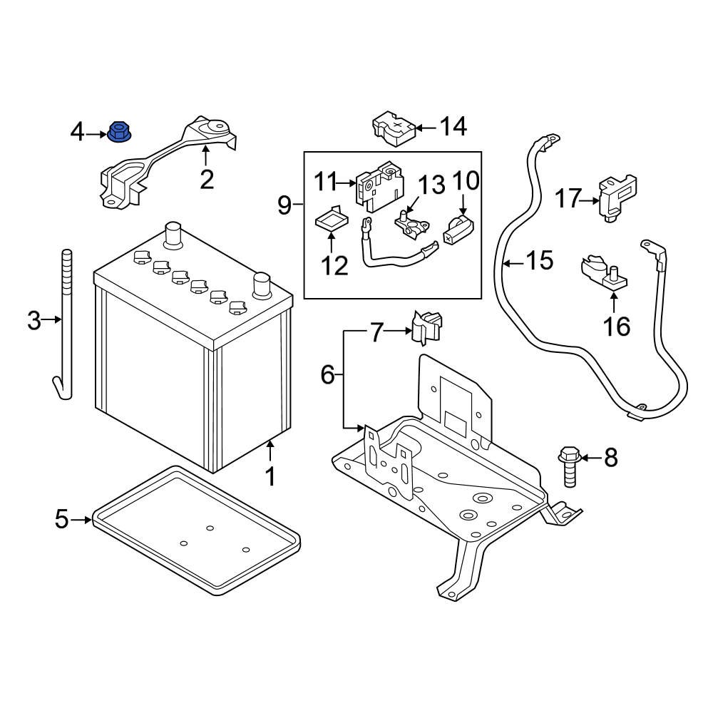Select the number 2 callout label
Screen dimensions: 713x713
[207, 179]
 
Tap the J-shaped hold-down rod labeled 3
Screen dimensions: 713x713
[66, 321]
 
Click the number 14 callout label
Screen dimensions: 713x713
[453, 127]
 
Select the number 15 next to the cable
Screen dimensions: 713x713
[540, 261]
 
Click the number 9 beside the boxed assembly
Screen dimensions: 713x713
[284, 206]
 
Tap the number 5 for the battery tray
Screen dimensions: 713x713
[61, 520]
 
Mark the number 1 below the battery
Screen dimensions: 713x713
[270, 476]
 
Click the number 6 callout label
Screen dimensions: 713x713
[327, 374]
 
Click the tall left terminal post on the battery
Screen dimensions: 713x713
[172, 235]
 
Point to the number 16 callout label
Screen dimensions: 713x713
[617, 327]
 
